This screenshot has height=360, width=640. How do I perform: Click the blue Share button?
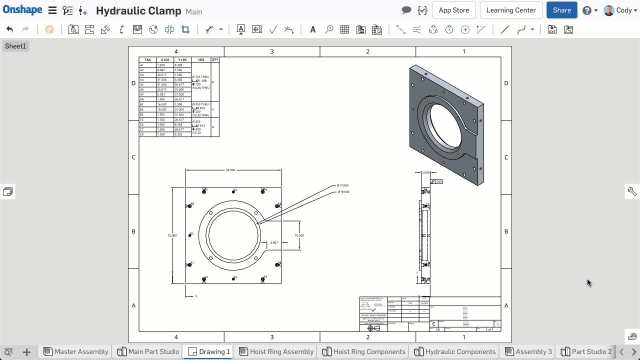tap(561, 10)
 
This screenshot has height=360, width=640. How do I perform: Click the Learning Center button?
tap(510, 10)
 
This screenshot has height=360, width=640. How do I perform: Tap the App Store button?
tap(453, 10)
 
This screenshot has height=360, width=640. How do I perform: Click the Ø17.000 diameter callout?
tap(343, 185)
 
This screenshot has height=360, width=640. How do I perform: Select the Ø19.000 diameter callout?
tap(343, 192)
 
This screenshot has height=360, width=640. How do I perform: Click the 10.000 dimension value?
tap(299, 235)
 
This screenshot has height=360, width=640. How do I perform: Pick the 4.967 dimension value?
tap(273, 242)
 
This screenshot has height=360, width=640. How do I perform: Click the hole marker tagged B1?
tap(233, 278)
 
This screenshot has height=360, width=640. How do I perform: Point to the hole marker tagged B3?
tap(190, 234)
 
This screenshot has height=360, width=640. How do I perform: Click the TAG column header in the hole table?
tap(147, 59)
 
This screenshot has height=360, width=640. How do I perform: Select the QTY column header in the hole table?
tap(214, 59)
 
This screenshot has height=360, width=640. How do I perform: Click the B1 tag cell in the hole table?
tap(142, 104)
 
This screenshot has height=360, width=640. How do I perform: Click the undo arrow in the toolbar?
tap(9, 29)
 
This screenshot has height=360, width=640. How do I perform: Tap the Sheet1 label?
tap(15, 46)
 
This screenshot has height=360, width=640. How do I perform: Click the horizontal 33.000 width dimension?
tap(230, 170)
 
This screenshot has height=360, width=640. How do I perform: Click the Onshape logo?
tap(22, 10)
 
